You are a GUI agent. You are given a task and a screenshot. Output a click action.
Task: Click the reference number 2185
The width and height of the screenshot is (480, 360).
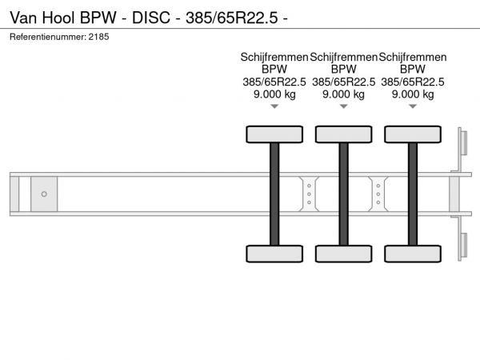(x=98, y=37)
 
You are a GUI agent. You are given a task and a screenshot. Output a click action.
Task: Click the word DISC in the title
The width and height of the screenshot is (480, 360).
(x=151, y=18)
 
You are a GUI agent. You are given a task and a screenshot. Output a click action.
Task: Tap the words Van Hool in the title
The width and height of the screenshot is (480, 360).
(x=42, y=18)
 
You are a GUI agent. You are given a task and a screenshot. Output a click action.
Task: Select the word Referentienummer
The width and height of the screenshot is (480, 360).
(x=47, y=37)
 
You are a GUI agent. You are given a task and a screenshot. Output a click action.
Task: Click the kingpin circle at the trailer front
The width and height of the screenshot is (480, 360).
(x=44, y=194)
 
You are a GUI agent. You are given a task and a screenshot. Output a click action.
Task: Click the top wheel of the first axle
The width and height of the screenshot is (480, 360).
(x=274, y=134)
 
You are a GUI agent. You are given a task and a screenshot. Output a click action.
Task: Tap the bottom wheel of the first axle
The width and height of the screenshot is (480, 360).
(x=274, y=254)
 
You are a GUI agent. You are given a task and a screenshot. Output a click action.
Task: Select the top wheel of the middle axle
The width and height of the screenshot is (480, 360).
(x=344, y=134)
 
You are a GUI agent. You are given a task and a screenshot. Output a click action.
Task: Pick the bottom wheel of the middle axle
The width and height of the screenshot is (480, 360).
(x=344, y=254)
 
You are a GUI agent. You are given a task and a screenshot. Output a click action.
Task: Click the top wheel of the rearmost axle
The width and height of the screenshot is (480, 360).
(x=413, y=134)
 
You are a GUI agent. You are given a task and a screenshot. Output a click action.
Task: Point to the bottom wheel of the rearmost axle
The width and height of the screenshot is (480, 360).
(x=413, y=254)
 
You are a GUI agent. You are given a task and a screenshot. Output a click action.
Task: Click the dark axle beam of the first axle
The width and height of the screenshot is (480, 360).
(x=274, y=194)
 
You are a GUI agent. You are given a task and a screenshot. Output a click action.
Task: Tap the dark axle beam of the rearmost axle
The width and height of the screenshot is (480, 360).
(x=413, y=194)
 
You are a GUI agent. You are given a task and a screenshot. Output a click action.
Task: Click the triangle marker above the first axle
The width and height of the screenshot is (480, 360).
(x=274, y=106)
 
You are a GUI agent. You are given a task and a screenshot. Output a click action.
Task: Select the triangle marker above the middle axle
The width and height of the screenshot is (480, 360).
(x=344, y=106)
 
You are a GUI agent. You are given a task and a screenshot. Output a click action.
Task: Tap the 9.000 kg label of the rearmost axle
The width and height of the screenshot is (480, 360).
(x=413, y=94)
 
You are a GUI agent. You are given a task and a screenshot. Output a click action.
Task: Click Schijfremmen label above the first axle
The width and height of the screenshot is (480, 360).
(x=274, y=58)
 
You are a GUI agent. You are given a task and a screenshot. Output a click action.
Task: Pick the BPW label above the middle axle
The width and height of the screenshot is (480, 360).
(x=344, y=69)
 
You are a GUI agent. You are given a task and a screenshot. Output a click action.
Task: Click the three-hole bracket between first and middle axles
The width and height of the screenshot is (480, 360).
(x=309, y=194)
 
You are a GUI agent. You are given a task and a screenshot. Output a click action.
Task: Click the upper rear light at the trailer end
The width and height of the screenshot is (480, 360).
(x=462, y=142)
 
